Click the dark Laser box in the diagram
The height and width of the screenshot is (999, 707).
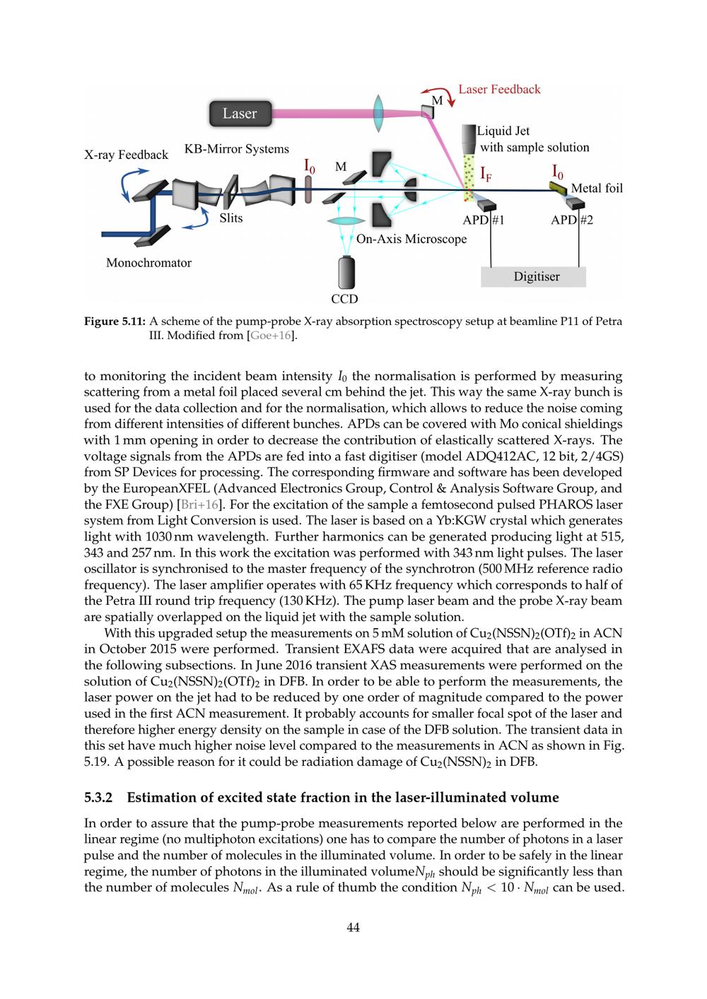tap(240, 114)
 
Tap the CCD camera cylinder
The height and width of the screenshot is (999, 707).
tap(346, 272)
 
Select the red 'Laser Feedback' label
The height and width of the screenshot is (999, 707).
tap(499, 89)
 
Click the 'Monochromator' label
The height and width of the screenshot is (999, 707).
tap(148, 263)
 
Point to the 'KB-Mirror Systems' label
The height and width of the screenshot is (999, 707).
tap(237, 149)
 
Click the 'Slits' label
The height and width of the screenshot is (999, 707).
tap(231, 218)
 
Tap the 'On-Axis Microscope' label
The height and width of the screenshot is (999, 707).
tap(411, 239)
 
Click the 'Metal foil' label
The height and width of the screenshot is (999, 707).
tap(597, 188)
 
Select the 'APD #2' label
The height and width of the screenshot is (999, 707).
tap(572, 220)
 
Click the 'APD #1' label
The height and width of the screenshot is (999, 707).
tap(484, 220)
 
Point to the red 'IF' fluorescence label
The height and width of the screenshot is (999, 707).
tap(486, 173)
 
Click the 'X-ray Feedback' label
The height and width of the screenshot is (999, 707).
tap(127, 155)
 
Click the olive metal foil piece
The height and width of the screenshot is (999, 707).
tap(559, 187)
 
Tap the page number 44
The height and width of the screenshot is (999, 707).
tap(353, 928)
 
